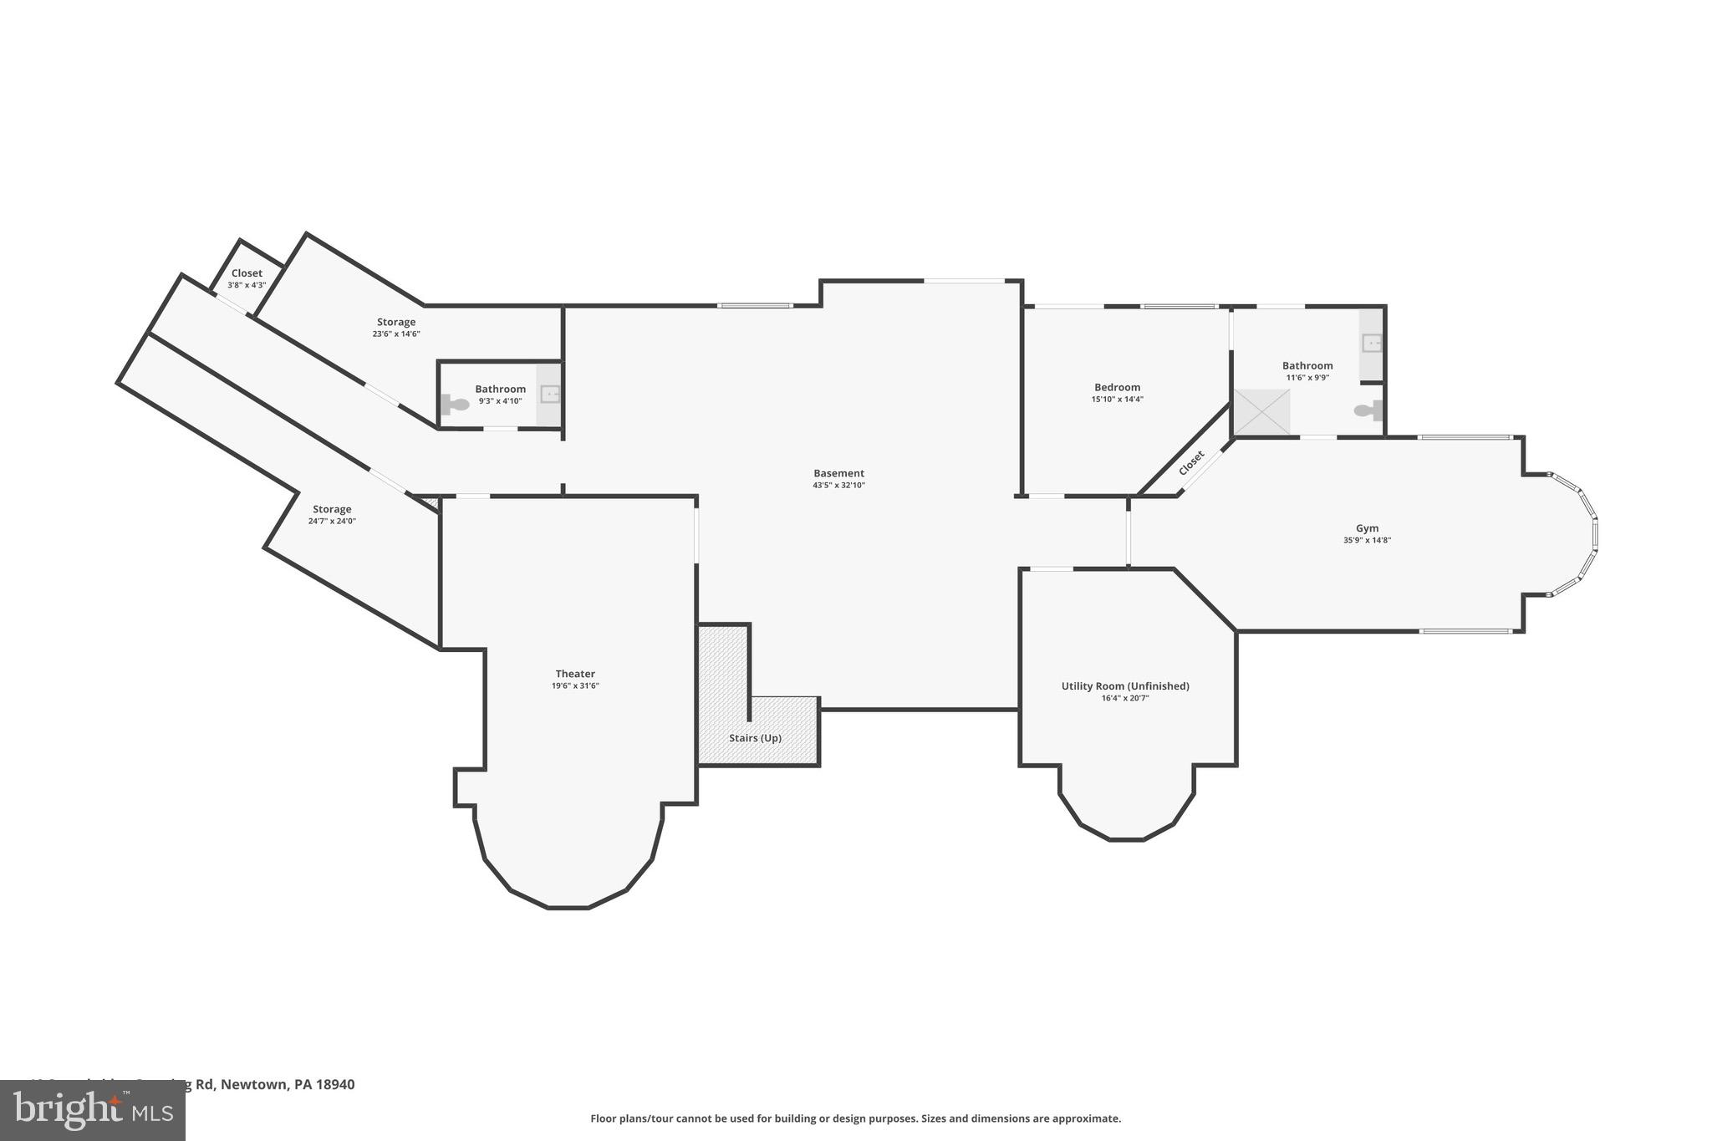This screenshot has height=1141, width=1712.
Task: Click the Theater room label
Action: coord(575,674)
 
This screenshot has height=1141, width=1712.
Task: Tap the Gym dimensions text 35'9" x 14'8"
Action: coord(1367,540)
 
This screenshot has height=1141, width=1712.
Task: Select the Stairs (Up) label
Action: coord(755,738)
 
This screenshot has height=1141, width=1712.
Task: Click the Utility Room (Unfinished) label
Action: coord(1125,686)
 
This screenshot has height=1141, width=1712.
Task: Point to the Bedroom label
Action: coord(1117,387)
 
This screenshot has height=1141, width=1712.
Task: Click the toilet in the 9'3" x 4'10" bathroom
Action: coord(455,405)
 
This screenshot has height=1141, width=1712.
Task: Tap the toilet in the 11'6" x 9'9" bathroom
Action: coord(1368,410)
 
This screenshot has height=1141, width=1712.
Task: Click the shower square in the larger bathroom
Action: coord(1261,412)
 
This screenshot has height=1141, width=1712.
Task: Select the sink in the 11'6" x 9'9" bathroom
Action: coord(1372,343)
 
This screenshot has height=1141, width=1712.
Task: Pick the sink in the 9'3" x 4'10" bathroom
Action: coord(550,394)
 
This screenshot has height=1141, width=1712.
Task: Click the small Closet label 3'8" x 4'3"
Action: coord(247,273)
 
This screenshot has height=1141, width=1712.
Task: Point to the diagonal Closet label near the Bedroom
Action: coord(1191,463)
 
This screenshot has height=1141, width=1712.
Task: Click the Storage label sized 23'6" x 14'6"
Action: coord(396,322)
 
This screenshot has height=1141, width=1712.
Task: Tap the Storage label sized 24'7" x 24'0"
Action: coord(332,509)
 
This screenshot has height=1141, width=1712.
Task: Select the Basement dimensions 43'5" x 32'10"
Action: coord(838,485)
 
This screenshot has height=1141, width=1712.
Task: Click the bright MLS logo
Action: coord(92,1110)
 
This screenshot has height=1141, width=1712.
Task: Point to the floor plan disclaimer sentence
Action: coord(855,1118)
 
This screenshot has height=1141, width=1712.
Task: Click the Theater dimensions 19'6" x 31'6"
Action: coord(575,685)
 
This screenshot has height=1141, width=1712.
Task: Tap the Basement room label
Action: coord(838,473)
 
